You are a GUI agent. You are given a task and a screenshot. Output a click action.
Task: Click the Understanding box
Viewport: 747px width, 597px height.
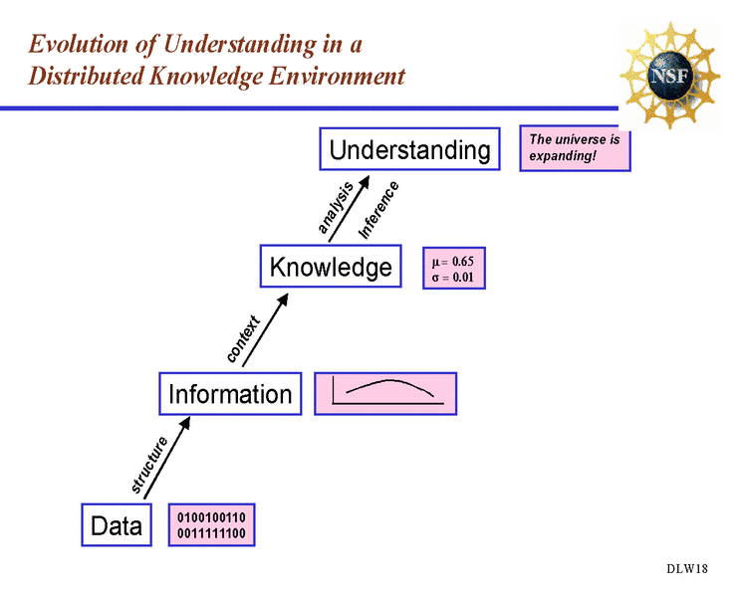pos(409,149)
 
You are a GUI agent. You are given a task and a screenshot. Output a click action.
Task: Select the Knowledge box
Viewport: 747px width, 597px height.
pos(331,266)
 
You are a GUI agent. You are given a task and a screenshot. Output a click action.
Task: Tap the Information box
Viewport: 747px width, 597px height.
pos(230,394)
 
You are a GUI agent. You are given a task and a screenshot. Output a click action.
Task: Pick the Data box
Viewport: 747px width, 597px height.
pos(117,525)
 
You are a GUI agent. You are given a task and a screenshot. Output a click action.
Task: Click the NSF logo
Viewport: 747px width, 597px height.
pos(670,76)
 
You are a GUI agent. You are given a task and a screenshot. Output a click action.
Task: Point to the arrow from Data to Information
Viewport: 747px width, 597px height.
pos(167,458)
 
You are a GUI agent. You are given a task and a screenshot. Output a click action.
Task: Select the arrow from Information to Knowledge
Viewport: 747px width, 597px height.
pos(265,330)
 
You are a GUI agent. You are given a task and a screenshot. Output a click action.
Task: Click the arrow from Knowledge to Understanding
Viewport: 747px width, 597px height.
pos(350,209)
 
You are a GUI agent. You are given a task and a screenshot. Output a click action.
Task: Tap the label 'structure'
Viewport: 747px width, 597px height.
pos(149,465)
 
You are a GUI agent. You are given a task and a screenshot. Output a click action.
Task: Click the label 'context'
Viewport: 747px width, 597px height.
pos(243,338)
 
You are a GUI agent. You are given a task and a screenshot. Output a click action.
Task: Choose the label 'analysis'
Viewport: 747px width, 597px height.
pos(336,207)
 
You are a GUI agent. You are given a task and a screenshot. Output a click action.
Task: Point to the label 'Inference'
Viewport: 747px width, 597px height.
pos(378,210)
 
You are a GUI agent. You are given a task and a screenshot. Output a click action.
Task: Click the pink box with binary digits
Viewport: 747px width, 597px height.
pos(211,525)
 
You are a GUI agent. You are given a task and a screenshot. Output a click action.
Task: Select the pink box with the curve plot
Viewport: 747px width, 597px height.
pos(385,394)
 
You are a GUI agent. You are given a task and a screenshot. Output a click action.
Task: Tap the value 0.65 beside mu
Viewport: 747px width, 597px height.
pos(462,262)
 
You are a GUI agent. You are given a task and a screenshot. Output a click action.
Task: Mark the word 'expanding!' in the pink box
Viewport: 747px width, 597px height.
pos(563,156)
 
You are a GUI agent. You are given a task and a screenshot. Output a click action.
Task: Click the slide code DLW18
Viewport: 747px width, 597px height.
pos(687,568)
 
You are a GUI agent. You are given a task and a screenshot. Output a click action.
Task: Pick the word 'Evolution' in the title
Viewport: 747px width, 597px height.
pos(79,44)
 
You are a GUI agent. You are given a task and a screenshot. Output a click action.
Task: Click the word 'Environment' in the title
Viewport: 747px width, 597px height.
pos(337,77)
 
